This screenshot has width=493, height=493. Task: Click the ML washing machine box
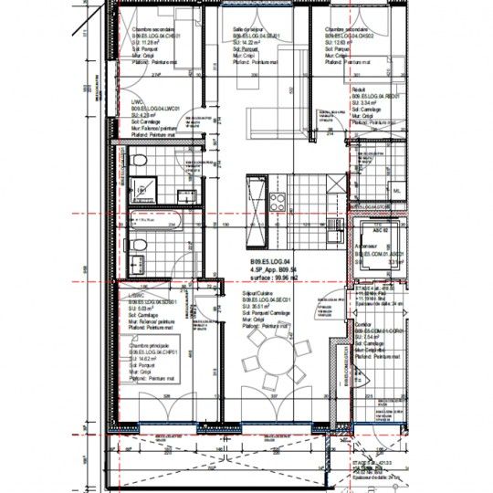[396, 190]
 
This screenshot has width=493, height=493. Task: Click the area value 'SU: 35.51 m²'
[259, 308]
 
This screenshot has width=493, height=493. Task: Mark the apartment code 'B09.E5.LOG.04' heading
[275, 261]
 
